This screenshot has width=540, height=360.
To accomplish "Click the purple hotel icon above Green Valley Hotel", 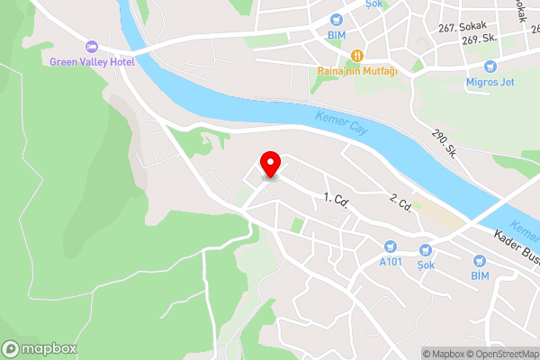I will click(x=91, y=47).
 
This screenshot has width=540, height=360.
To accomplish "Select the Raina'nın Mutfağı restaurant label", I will click(x=357, y=71).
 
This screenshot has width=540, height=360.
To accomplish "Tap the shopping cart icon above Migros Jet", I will click(x=490, y=67).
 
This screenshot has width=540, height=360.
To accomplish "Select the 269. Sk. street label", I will click(x=481, y=40).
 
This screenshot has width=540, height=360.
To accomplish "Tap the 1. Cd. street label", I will click(x=337, y=199).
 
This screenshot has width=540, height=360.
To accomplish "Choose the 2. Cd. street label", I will click(x=400, y=203).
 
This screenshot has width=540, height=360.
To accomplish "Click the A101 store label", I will click(x=390, y=262).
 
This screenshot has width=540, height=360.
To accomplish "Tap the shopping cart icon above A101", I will click(x=390, y=247).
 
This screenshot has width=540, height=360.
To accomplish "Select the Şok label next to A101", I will click(x=426, y=265).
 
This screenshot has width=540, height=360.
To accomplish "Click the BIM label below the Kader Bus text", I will click(x=480, y=274).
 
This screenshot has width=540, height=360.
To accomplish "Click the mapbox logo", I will click(x=40, y=349).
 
